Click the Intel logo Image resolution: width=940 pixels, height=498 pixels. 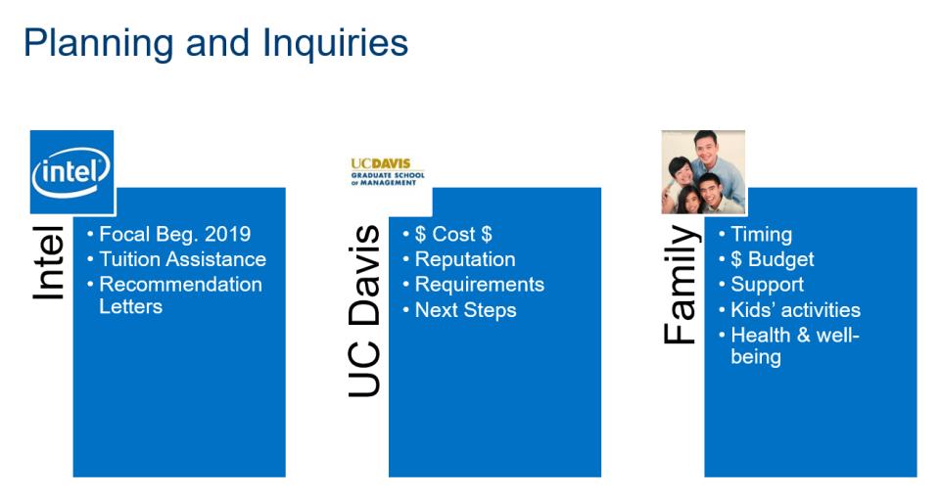tap(71, 172)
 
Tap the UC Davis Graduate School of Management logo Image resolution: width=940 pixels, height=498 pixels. tap(388, 172)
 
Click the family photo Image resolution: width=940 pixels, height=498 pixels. tap(703, 172)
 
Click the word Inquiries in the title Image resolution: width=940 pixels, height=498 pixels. tap(336, 44)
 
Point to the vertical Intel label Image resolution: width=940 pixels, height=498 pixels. tap(49, 262)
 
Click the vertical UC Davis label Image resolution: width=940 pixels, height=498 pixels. tap(364, 311)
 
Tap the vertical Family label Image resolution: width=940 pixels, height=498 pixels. tap(681, 285)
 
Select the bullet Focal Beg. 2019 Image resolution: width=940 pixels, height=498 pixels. tap(174, 234)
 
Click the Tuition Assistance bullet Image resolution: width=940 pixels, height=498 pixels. tap(182, 259)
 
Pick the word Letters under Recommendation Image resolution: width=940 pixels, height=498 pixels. tap(130, 306)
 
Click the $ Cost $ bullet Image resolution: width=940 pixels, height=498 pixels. tap(453, 234)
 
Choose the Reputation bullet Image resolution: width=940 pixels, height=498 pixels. tap(464, 259)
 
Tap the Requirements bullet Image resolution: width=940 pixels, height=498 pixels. tap(480, 284)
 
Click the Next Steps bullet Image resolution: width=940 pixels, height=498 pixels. tap(465, 310)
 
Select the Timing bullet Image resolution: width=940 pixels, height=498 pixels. tap(762, 234)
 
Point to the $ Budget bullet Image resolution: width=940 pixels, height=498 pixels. tap(773, 259)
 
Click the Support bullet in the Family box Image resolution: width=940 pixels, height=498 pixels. tap(767, 285)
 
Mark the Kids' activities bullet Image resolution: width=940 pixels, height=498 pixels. tap(795, 309)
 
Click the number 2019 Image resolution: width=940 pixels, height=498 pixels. tap(227, 234)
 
